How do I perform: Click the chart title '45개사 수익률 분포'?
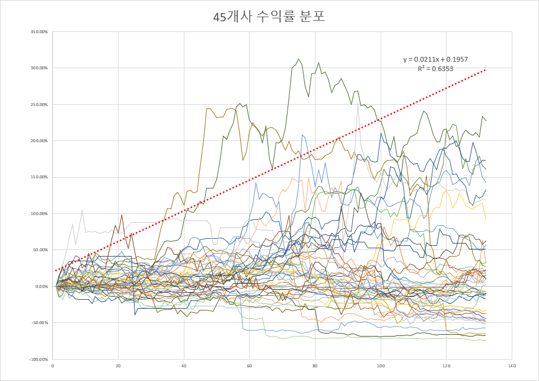pyautogui.click(x=269, y=17)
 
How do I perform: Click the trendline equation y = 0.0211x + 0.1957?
pyautogui.click(x=435, y=59)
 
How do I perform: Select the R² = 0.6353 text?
pyautogui.click(x=435, y=69)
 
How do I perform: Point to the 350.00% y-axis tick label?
pyautogui.click(x=39, y=31)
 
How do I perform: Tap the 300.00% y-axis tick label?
pyautogui.click(x=39, y=68)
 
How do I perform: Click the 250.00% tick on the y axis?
pyautogui.click(x=39, y=104)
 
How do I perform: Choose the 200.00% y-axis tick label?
pyautogui.click(x=39, y=140)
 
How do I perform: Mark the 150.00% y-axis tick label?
pyautogui.click(x=39, y=177)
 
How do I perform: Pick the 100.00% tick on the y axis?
pyautogui.click(x=39, y=213)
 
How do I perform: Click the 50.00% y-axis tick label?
pyautogui.click(x=40, y=249)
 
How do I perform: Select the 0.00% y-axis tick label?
pyautogui.click(x=41, y=286)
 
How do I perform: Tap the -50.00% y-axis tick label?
pyautogui.click(x=39, y=323)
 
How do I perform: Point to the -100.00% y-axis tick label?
pyautogui.click(x=38, y=359)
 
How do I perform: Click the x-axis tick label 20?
pyautogui.click(x=118, y=366)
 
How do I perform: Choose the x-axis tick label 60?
pyautogui.click(x=250, y=366)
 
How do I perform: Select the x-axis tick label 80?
pyautogui.click(x=315, y=366)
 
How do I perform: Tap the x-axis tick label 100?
pyautogui.click(x=381, y=366)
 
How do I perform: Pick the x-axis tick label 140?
pyautogui.click(x=512, y=366)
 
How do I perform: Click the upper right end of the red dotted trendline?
pyautogui.click(x=486, y=69)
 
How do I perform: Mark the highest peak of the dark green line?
pyautogui.click(x=299, y=59)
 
